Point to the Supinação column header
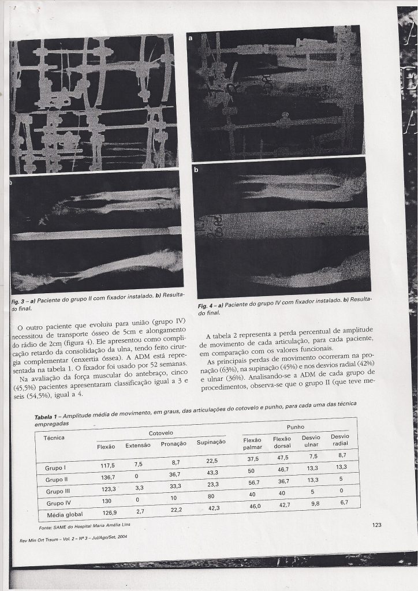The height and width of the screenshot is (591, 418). (211, 442)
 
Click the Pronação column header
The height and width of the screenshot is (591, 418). (173, 444)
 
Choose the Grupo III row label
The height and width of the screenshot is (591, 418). (58, 492)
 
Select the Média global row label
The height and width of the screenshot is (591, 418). (65, 514)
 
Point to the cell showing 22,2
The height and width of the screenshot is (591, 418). (177, 510)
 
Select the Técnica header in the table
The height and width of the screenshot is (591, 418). (54, 437)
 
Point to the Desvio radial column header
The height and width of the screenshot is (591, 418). (339, 440)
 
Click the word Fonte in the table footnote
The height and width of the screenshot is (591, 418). (46, 527)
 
